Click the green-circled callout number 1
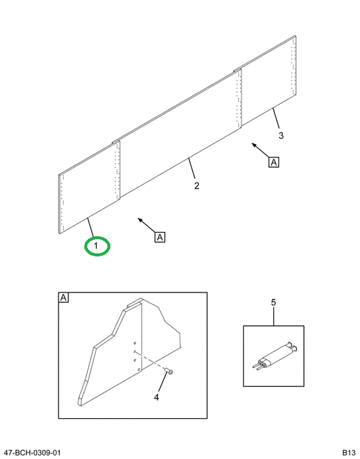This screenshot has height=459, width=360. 96,246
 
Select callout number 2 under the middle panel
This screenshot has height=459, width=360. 197,186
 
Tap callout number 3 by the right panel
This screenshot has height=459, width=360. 281,136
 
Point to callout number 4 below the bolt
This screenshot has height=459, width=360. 157,397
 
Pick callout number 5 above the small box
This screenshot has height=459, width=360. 273,302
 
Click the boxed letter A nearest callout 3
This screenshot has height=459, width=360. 273,162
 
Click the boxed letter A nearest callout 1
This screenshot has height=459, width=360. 160,237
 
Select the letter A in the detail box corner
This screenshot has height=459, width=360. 64,298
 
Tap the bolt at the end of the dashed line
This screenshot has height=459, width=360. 169,371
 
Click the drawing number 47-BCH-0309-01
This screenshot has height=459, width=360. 32,453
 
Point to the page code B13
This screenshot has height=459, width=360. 349,453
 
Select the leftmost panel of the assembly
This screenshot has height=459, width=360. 89,187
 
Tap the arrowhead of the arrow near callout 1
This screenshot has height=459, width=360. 140,220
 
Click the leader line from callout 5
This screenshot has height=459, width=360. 273,316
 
